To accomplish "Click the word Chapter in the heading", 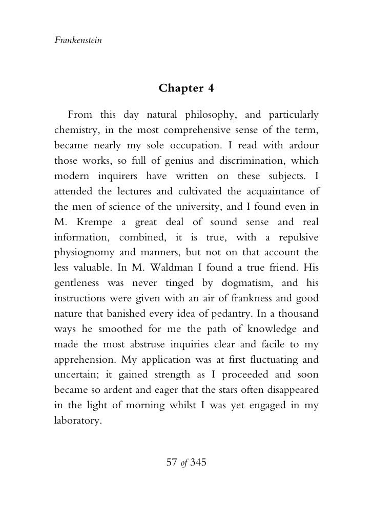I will pyautogui.click(x=179, y=88).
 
